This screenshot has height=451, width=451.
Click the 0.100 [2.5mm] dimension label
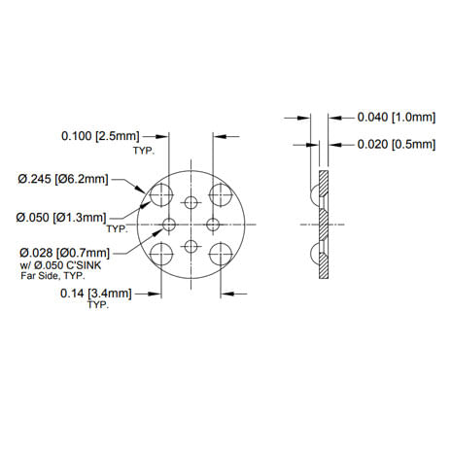100,136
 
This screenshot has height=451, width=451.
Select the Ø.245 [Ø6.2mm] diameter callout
63,179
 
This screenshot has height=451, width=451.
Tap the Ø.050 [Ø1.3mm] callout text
61,217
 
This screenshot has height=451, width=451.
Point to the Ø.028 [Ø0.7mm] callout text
64,253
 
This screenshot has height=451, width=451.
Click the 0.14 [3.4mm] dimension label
96,294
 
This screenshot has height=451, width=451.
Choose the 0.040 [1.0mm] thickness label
397,117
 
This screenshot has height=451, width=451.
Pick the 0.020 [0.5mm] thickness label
397,144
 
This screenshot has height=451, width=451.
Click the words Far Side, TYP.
52,276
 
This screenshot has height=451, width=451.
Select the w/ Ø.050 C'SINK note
61,265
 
